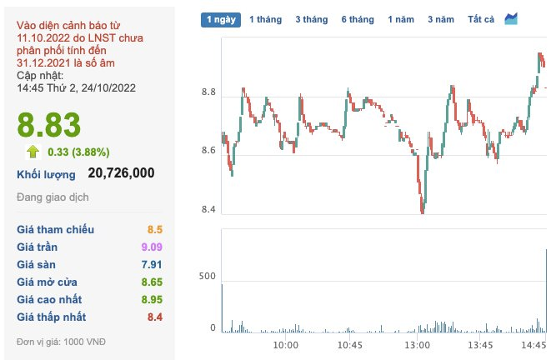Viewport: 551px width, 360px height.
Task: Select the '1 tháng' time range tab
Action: (265, 19)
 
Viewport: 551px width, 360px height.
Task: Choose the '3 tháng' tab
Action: (311, 19)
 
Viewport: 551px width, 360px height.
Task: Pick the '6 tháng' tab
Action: (357, 19)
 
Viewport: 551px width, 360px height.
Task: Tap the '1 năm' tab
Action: (401, 19)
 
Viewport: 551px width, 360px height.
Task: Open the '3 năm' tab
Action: (441, 19)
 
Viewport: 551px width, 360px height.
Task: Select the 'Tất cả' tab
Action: (481, 19)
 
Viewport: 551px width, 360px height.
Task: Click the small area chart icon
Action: (512, 18)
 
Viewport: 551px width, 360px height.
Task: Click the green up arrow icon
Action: (33, 152)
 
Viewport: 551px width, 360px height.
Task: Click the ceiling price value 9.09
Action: (151, 247)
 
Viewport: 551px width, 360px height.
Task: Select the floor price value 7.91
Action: (151, 264)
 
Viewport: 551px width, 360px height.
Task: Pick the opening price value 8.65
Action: (151, 282)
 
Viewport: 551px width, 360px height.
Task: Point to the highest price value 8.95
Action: (151, 299)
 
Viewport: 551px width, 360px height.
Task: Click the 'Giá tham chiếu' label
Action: (56, 229)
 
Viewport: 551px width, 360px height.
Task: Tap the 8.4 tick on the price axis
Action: (208, 209)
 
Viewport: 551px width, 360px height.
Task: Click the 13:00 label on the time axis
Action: (417, 344)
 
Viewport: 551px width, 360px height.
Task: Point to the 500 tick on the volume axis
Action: (207, 276)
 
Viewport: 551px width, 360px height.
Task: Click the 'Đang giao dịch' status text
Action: (53, 197)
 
